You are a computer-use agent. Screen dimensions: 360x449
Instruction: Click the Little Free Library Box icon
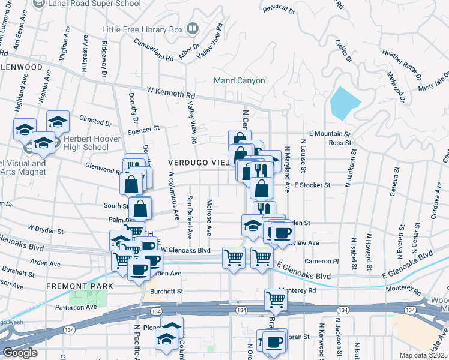point(193,28)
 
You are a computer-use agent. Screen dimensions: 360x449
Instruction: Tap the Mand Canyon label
point(240,80)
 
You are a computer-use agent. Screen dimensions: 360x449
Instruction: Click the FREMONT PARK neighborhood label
point(79,287)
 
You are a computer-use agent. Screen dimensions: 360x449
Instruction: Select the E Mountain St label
point(329,133)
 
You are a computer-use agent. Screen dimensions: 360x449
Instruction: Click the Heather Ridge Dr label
point(402,62)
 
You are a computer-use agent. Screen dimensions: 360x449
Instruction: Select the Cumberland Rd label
point(153,52)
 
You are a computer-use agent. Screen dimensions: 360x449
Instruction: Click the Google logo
point(20,352)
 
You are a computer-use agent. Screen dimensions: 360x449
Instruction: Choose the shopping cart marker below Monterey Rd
point(276,299)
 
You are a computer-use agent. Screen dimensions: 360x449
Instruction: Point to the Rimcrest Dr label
point(279,10)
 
